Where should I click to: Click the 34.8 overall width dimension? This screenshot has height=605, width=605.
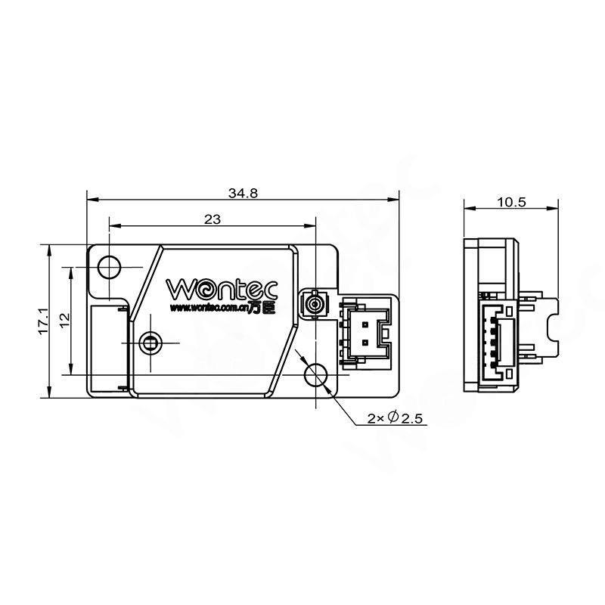(x=244, y=193)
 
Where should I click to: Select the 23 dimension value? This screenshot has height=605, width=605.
(x=213, y=219)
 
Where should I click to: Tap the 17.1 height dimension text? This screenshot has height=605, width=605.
(x=43, y=321)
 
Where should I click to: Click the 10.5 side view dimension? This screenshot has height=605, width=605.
(x=512, y=201)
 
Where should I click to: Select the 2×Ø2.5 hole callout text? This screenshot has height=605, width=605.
(x=394, y=417)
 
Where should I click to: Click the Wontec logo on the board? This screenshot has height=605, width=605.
(x=222, y=289)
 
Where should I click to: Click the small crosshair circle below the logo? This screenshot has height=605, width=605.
(x=150, y=343)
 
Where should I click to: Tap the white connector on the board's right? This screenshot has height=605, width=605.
(x=366, y=330)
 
